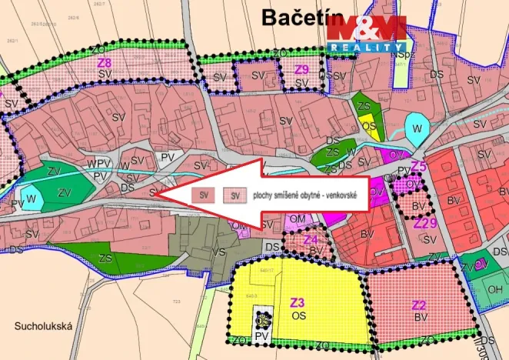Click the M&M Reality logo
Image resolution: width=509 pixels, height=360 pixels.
coord(366,34)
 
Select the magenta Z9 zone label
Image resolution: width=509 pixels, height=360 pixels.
coord(301,69)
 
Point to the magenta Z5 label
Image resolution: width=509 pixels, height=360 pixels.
coord(418,166)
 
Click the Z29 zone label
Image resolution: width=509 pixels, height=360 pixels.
coord(424,223)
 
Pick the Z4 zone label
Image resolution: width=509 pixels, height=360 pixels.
coord(311,239)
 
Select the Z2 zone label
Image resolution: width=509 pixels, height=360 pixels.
coord(419,305)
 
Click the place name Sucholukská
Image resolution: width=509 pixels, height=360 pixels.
coord(42,326)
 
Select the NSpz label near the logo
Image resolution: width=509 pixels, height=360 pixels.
coord(399,55)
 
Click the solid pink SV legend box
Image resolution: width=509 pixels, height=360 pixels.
coord(204,195)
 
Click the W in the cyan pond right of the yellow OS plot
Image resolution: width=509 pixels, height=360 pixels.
coord(416,128)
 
